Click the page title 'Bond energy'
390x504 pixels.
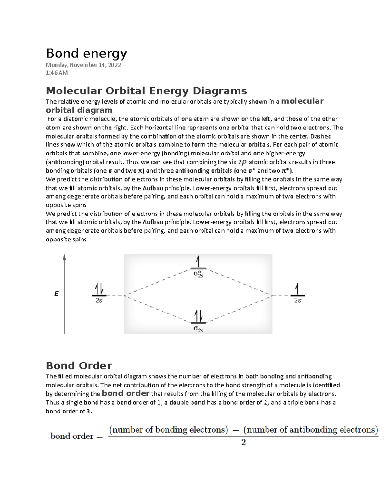pos(86,53)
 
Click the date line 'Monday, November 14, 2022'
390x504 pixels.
pos(83,65)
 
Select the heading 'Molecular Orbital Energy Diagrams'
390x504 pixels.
pos(146,91)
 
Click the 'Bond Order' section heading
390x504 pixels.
pos(79,366)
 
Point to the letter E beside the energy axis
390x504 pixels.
pos(57,294)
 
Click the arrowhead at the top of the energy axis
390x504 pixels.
pos(65,257)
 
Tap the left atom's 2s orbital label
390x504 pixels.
pos(99,301)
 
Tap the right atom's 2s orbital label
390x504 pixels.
pos(298,301)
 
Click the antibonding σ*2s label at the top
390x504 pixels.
pos(199,274)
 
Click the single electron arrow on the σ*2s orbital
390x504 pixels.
pos(198,262)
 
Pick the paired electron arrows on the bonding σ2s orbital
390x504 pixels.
pos(198,315)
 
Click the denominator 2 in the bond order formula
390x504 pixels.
pos(243,442)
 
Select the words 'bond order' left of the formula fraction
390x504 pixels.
pos(72,436)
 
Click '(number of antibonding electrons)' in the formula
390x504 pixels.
pos(311,430)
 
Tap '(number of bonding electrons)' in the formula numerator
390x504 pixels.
pos(169,430)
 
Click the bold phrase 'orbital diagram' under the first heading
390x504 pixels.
pos(79,110)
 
